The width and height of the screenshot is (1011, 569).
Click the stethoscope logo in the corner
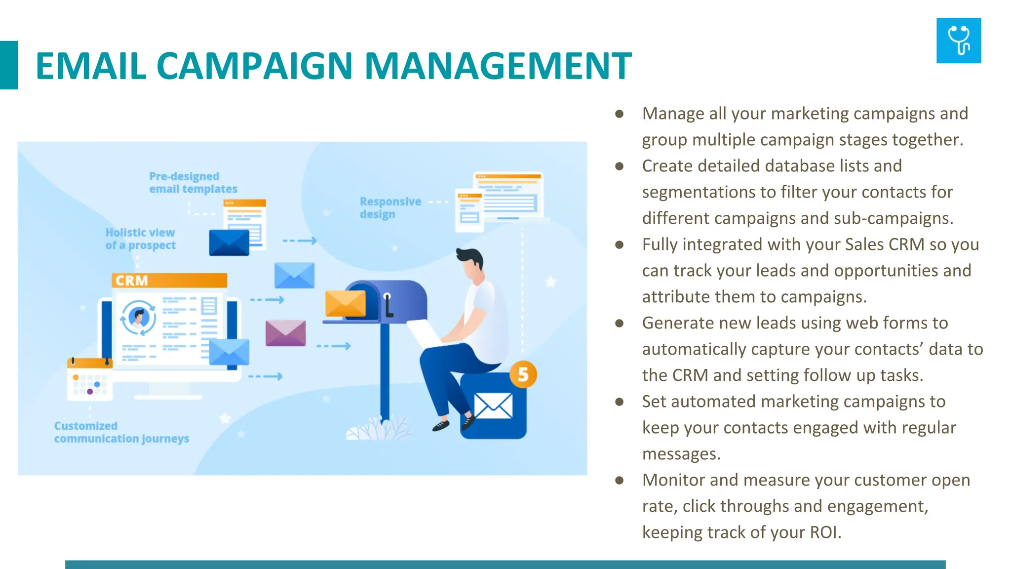[958, 41]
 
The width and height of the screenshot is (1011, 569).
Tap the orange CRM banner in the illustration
[169, 281]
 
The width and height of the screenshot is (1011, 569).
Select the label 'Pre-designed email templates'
[193, 183]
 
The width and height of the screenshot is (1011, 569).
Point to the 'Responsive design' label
[390, 208]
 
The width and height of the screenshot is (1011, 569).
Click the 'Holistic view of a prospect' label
[140, 239]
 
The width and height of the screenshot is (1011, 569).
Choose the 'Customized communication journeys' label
[121, 432]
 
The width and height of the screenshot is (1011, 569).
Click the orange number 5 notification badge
[523, 374]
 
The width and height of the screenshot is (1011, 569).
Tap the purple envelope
[285, 333]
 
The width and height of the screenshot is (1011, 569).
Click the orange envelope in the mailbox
[345, 303]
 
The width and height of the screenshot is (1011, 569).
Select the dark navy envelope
[229, 243]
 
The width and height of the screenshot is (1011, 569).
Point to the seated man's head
[471, 265]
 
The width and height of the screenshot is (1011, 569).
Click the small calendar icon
[90, 379]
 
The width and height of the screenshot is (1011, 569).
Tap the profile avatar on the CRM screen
[138, 318]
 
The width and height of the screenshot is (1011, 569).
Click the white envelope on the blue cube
[493, 406]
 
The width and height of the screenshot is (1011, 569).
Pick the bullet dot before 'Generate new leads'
[620, 324]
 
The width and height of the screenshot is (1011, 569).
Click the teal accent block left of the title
[9, 65]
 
